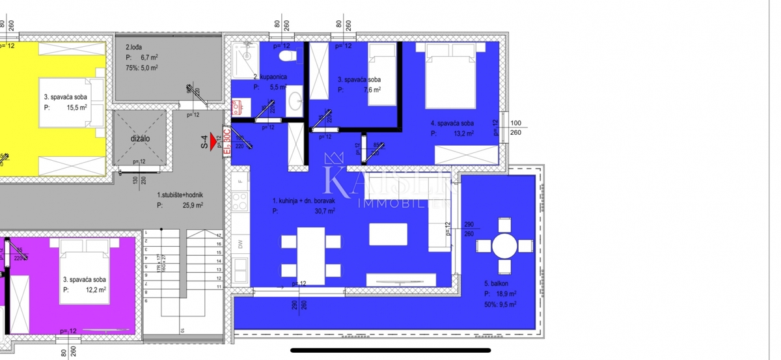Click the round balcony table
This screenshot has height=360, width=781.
point(505,247)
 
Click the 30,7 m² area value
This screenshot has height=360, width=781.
point(325,211)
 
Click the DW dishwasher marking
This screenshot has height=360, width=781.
point(240,244)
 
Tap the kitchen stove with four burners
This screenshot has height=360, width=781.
point(240,201)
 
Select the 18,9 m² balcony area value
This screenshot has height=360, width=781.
point(507,294)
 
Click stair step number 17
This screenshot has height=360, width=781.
point(219,235)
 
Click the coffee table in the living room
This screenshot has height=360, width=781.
point(388,234)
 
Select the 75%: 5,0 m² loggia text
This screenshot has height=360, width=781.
point(142,67)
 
